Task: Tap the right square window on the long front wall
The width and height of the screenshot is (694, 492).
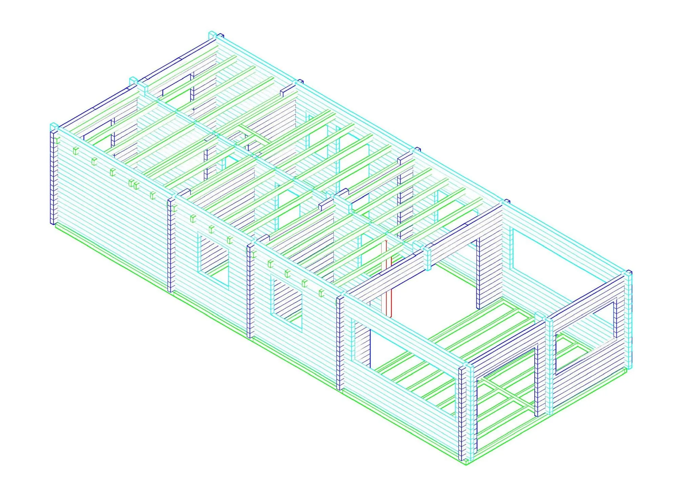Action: click(287, 304)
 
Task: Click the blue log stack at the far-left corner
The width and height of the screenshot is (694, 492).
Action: click(53, 178)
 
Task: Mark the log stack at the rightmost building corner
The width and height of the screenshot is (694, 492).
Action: click(629, 319)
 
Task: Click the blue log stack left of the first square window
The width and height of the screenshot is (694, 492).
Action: click(171, 246)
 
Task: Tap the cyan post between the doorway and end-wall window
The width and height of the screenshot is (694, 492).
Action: click(549, 366)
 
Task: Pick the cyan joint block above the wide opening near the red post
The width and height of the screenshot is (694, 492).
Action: click(428, 259)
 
